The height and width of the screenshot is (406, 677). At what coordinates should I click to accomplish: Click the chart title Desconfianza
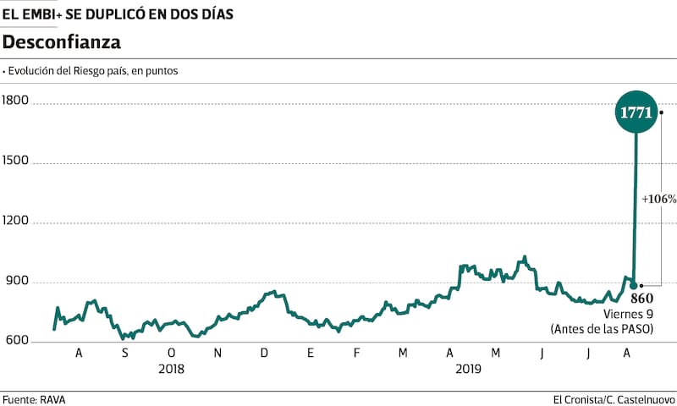point(62,41)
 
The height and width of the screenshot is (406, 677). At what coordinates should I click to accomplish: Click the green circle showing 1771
point(635,112)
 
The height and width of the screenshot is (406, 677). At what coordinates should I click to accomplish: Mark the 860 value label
point(641,299)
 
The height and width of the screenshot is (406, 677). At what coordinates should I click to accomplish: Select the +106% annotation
point(658,200)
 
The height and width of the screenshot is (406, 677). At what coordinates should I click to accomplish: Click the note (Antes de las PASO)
point(602,328)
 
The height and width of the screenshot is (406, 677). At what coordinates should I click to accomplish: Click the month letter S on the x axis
point(126,353)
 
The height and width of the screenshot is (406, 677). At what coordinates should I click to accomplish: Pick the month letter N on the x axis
point(217,353)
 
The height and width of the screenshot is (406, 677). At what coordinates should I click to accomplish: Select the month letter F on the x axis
point(356,353)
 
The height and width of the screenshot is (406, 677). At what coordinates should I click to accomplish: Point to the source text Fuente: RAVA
point(34,399)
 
